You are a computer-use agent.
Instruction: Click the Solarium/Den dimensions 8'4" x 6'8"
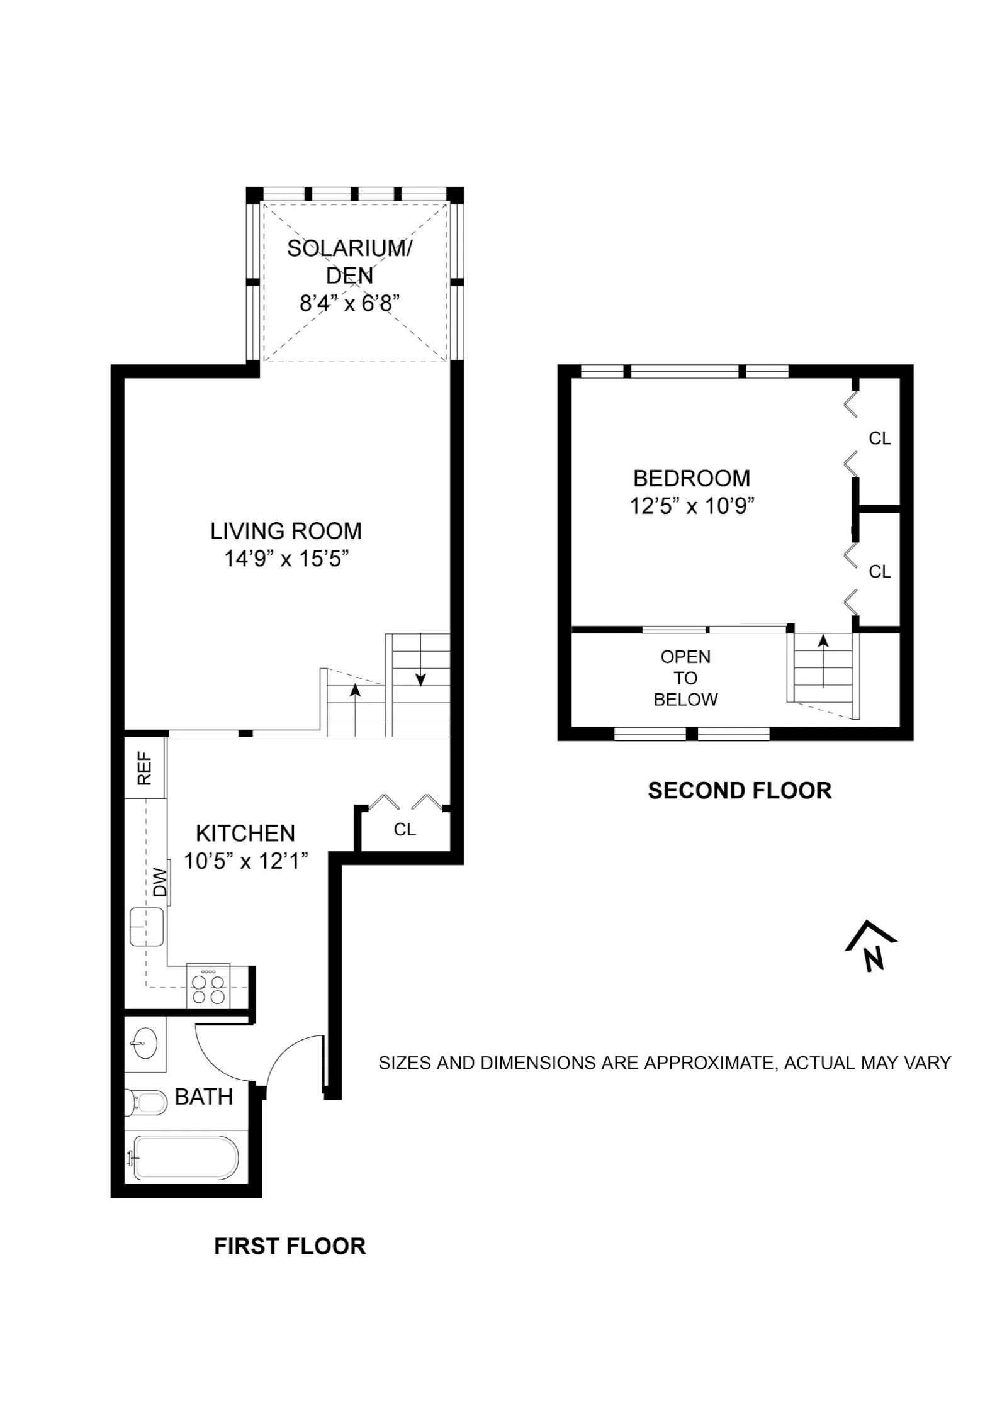point(349,304)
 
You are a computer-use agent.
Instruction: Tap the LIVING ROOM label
point(286,531)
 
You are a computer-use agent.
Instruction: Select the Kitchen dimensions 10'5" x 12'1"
point(245,861)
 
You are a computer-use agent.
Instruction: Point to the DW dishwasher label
point(160,882)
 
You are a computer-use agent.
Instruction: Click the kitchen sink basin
point(146,927)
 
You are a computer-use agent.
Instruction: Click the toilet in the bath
point(146,1102)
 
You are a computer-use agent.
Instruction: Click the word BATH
point(203,1097)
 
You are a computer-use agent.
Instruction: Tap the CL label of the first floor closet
point(405,830)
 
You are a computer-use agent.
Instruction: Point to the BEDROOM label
point(691,479)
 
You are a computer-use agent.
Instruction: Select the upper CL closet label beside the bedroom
point(879,438)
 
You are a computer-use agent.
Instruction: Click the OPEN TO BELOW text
point(685,678)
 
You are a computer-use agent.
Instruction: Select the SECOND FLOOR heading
point(740,791)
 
